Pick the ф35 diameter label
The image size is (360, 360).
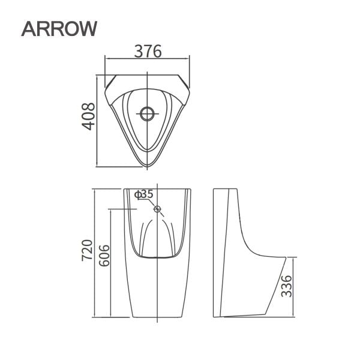tap(144, 194)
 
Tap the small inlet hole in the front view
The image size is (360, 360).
tap(158, 209)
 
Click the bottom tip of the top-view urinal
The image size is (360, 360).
tap(146, 166)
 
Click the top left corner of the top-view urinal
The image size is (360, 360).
tap(107, 77)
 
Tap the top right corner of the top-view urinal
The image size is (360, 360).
tap(187, 77)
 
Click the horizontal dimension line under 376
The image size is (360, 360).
tap(147, 59)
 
